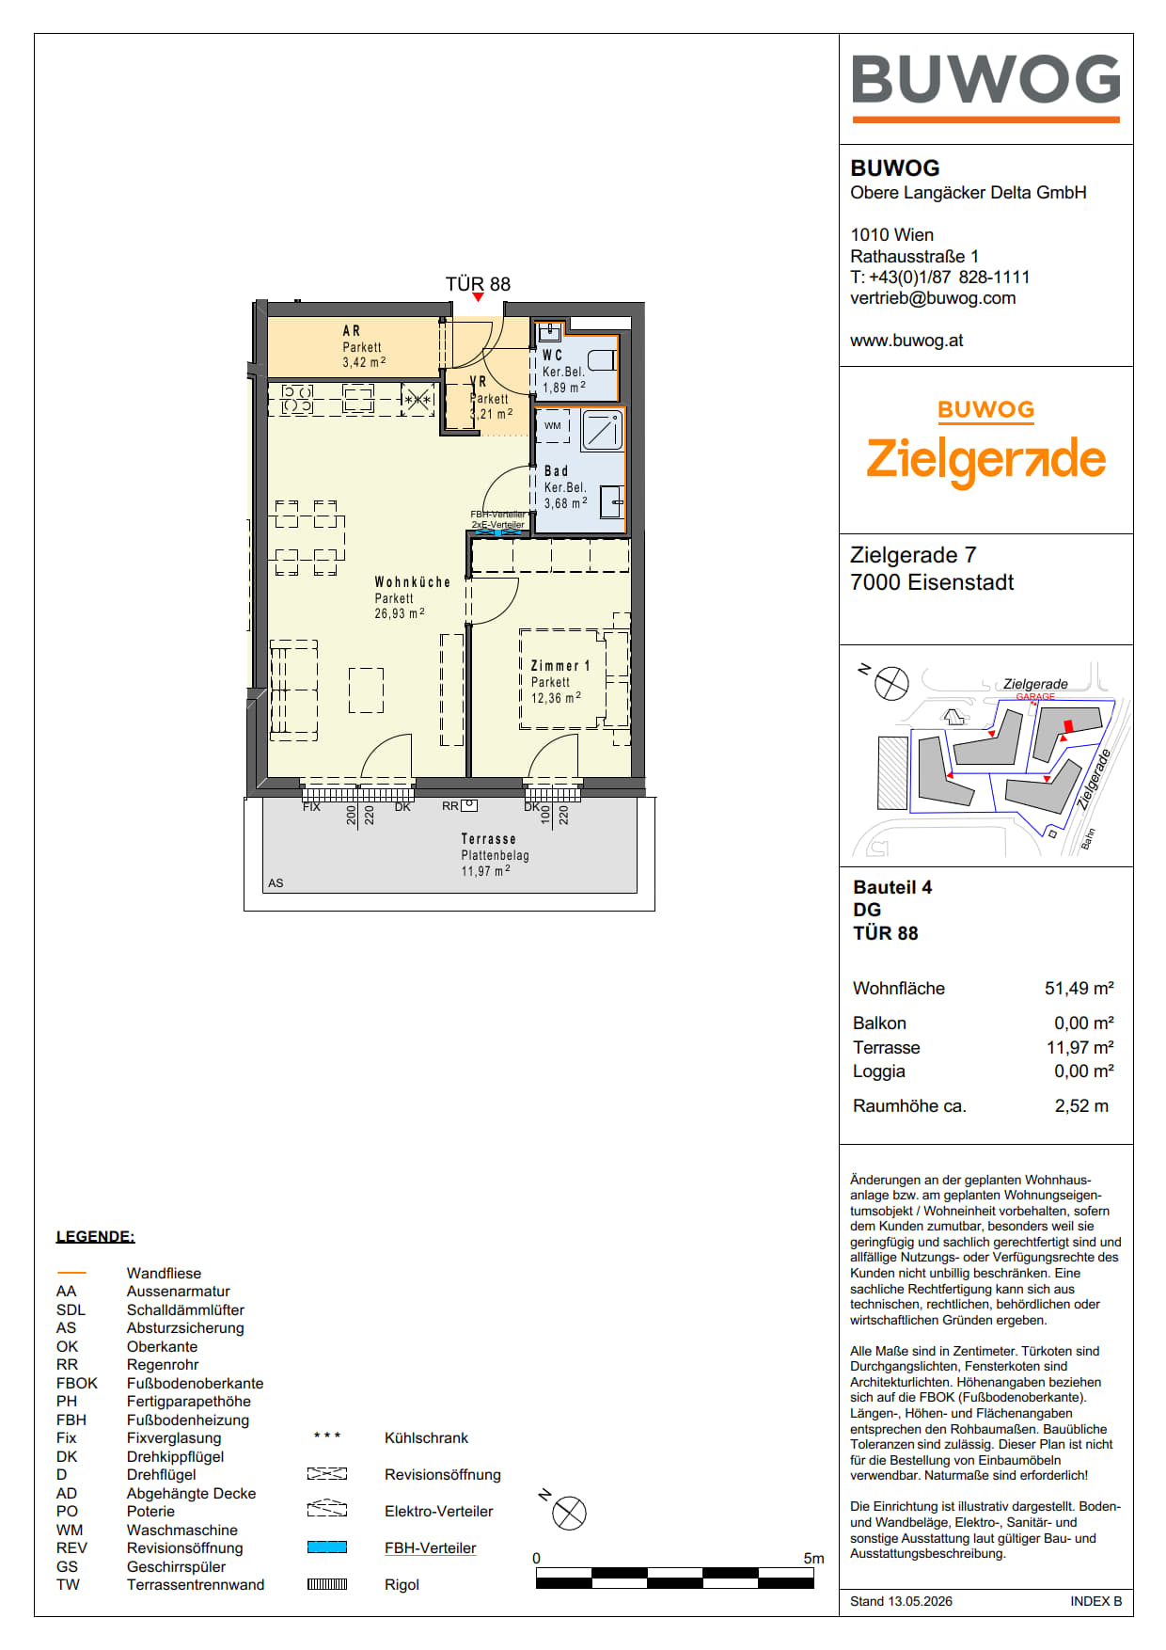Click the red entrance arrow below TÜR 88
[x=479, y=298]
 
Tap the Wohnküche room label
[x=413, y=582]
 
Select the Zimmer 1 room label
[x=560, y=666]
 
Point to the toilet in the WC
[x=602, y=360]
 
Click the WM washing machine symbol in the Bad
[x=553, y=425]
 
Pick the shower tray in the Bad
[x=602, y=430]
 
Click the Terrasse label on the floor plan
[x=488, y=839]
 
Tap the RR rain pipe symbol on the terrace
[x=469, y=805]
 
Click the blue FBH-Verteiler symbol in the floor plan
[x=497, y=532]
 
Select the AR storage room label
[x=352, y=331]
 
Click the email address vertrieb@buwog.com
[x=933, y=298]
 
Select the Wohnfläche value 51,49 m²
[x=1079, y=988]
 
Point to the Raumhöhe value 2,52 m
[x=1081, y=1106]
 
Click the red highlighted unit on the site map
[x=1067, y=726]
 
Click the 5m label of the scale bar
[x=813, y=1558]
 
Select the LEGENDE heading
[x=96, y=1236]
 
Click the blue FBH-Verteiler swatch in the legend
[x=327, y=1547]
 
